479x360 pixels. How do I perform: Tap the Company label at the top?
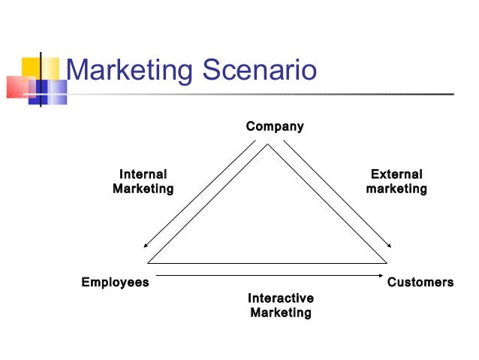pyautogui.click(x=275, y=126)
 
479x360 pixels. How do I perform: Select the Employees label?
pyautogui.click(x=115, y=283)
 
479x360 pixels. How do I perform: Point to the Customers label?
pyautogui.click(x=420, y=283)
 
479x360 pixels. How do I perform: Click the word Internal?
pyautogui.click(x=143, y=174)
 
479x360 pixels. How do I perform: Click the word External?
pyautogui.click(x=396, y=174)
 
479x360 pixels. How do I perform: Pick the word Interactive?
pyautogui.click(x=281, y=298)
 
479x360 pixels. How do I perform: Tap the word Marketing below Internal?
pyautogui.click(x=143, y=189)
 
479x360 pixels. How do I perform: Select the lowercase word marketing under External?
pyautogui.click(x=396, y=189)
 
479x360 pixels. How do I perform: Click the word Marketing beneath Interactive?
pyautogui.click(x=281, y=313)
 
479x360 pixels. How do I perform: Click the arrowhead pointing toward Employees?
pyautogui.click(x=146, y=246)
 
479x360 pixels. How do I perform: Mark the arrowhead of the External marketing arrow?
pyautogui.click(x=390, y=246)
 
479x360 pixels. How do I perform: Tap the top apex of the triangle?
pyautogui.click(x=267, y=145)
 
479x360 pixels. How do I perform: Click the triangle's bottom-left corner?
pyautogui.click(x=149, y=262)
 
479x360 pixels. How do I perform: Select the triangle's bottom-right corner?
pyautogui.click(x=386, y=262)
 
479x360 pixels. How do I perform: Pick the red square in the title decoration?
pyautogui.click(x=18, y=87)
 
